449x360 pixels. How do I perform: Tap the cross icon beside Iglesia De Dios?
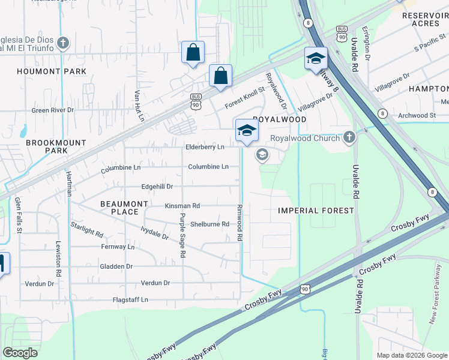point(64,43)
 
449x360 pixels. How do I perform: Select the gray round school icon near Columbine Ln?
point(262,155)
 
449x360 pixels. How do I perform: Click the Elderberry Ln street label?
point(205,147)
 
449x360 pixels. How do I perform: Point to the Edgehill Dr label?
point(157,187)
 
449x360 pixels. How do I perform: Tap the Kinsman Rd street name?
point(182,206)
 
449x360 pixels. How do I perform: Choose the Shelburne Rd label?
point(209,224)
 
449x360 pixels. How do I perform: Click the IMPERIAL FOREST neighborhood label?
point(316,211)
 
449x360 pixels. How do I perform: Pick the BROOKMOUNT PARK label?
point(47,146)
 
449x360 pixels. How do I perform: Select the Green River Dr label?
point(52,110)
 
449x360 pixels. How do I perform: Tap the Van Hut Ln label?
point(139,106)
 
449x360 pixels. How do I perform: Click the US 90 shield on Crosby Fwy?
point(305,289)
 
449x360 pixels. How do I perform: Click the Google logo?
point(20,353)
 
